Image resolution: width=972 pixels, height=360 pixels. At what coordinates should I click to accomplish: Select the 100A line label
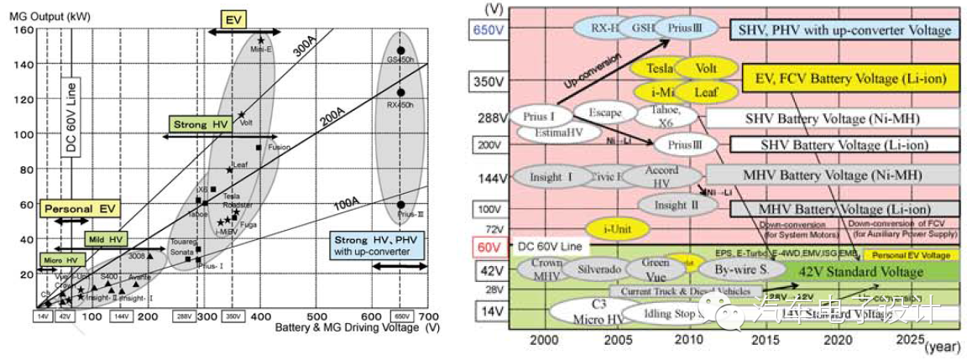click(x=345, y=202)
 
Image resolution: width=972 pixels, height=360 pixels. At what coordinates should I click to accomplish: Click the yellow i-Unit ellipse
click(x=616, y=227)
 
